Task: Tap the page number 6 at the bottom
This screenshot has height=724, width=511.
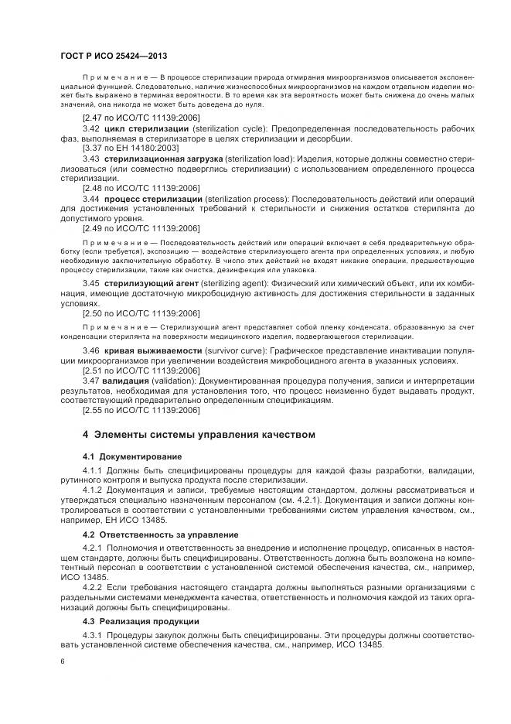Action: coord(62,663)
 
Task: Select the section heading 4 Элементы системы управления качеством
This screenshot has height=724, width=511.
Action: coord(199,434)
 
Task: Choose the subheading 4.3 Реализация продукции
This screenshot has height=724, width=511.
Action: coord(140,622)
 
